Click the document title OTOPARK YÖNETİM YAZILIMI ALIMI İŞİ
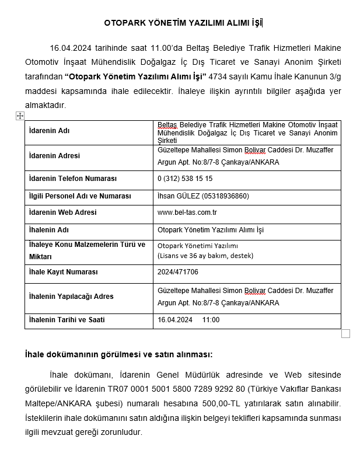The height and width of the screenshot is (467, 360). coord(183,23)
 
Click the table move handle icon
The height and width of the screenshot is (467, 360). coord(20,116)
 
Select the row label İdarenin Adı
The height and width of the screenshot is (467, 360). coord(49,131)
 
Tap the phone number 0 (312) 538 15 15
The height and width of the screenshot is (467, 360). coord(185,179)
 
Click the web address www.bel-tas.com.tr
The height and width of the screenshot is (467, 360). coord(187,212)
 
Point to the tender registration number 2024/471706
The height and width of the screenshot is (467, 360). coord(178,272)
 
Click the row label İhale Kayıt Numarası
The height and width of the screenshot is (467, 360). coord(63,272)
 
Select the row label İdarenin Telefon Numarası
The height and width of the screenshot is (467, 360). coord(73,179)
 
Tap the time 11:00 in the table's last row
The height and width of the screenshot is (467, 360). coord(211,320)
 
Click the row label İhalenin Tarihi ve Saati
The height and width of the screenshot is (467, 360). coord(67,320)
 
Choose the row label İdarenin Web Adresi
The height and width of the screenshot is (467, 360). coord(62,212)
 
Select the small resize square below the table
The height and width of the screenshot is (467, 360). coord(345,334)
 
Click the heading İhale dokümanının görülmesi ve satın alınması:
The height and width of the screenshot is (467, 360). coord(118,354)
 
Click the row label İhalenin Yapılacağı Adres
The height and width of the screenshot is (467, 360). coord(71,297)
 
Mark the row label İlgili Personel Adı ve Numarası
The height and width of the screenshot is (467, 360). coord(80,196)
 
